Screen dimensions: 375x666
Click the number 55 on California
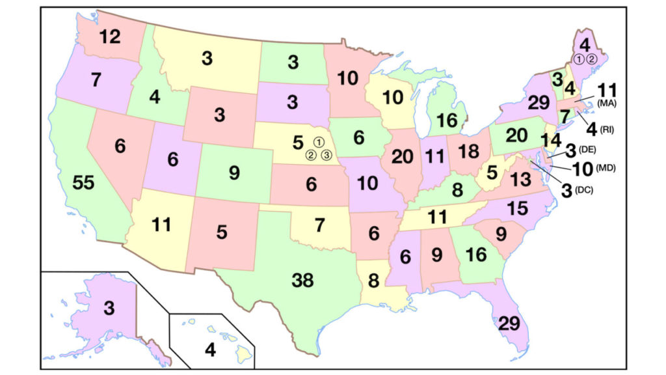point(84,183)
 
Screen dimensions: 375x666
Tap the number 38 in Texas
point(302,281)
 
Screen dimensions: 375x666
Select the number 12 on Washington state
point(111,37)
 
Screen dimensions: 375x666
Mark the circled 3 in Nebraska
point(327,154)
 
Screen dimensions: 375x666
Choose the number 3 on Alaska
point(109,308)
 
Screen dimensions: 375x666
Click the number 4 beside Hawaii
point(209,350)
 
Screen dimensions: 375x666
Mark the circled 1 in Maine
point(577,59)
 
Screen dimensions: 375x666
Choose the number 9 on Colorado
point(234,174)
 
